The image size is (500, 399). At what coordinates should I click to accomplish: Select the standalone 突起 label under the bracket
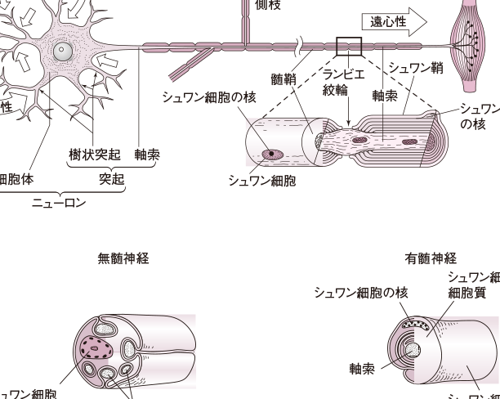point(110,179)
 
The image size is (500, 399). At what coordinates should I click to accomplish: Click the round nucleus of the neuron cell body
point(60,52)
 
